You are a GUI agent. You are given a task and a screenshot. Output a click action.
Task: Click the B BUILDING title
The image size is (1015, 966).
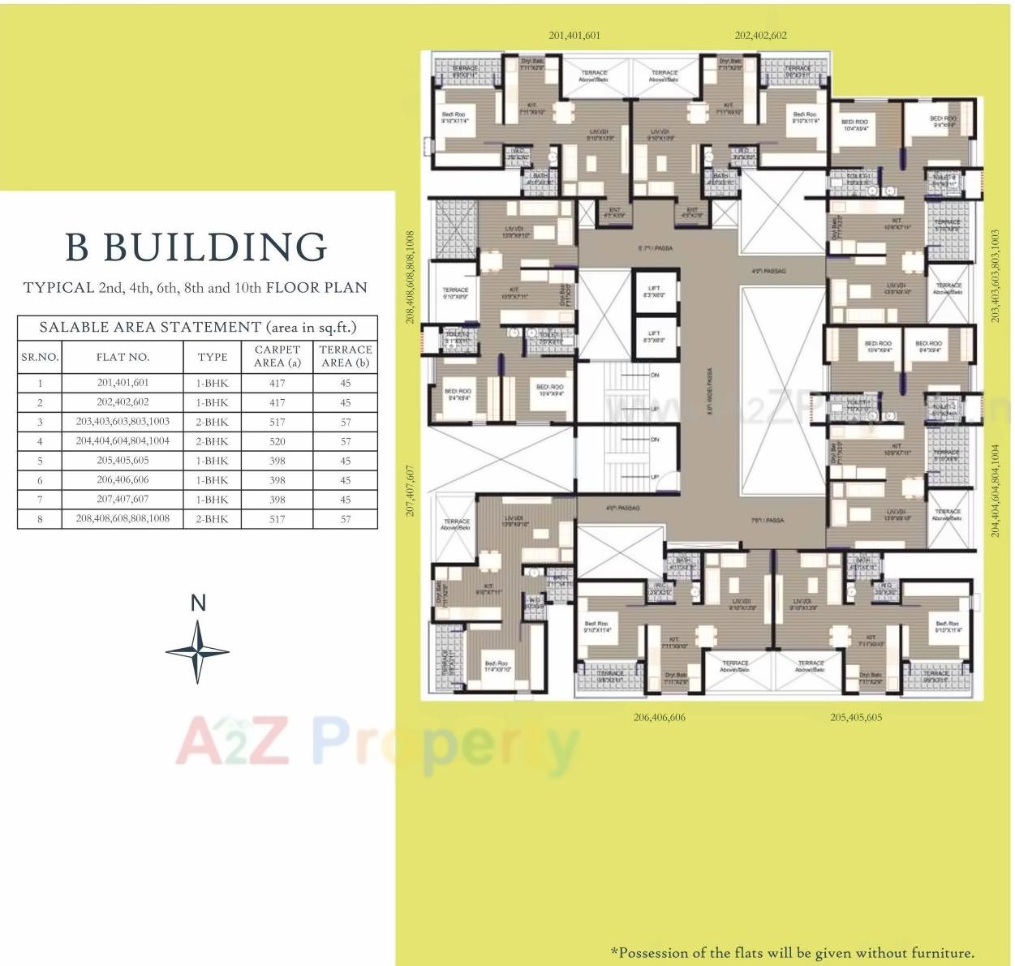tap(196, 247)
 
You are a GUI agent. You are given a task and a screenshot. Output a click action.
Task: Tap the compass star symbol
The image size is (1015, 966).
tap(197, 651)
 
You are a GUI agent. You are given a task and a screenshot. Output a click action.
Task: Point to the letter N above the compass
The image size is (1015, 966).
tap(198, 603)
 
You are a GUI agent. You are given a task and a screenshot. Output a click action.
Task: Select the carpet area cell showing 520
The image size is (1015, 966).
tap(277, 441)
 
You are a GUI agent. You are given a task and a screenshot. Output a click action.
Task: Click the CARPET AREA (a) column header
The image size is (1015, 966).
tap(277, 356)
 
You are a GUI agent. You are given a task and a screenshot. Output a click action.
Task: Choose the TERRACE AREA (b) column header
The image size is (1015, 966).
tap(346, 356)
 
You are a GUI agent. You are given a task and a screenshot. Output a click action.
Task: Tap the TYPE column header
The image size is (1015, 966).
tap(213, 357)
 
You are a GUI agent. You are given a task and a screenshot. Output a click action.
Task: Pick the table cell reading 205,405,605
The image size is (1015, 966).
tap(123, 461)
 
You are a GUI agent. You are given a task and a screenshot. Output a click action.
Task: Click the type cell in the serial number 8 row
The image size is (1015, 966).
tap(212, 519)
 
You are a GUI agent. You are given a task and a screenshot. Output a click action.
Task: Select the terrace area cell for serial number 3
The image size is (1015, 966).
tap(346, 422)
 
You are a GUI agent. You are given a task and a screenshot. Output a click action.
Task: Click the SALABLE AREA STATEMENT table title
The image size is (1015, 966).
tap(198, 327)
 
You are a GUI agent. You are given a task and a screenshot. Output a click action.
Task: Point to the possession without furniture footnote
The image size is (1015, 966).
tap(792, 953)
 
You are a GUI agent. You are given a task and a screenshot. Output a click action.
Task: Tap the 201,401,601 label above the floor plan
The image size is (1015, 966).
tap(574, 36)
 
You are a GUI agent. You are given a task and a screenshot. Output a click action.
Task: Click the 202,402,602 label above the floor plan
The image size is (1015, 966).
tap(760, 36)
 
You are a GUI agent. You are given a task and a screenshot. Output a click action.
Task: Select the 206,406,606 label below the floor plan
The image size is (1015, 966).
tap(659, 717)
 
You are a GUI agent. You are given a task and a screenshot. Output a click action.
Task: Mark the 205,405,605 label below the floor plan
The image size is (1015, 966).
tap(856, 717)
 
